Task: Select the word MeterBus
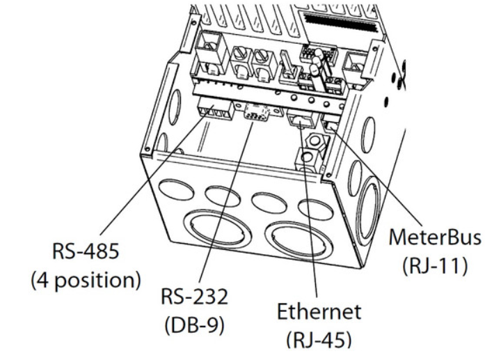pyautogui.click(x=434, y=237)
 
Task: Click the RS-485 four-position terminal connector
pyautogui.click(x=214, y=110)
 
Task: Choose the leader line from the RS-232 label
pyautogui.click(x=223, y=195)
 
